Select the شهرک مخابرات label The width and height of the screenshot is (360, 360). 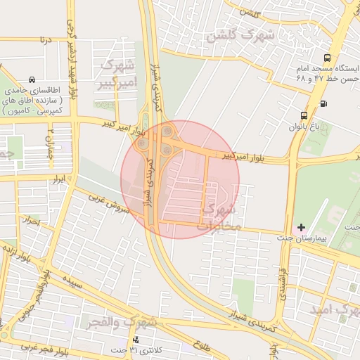[219, 218]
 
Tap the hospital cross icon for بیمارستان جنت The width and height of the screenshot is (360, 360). [302, 227]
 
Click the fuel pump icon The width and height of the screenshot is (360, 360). [323, 104]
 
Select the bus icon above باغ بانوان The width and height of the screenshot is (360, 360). [304, 115]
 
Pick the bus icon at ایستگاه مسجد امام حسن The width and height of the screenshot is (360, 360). [326, 58]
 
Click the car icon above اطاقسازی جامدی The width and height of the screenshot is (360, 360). [32, 80]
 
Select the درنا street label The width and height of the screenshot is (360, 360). [46, 40]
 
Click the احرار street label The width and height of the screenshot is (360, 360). [32, 221]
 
